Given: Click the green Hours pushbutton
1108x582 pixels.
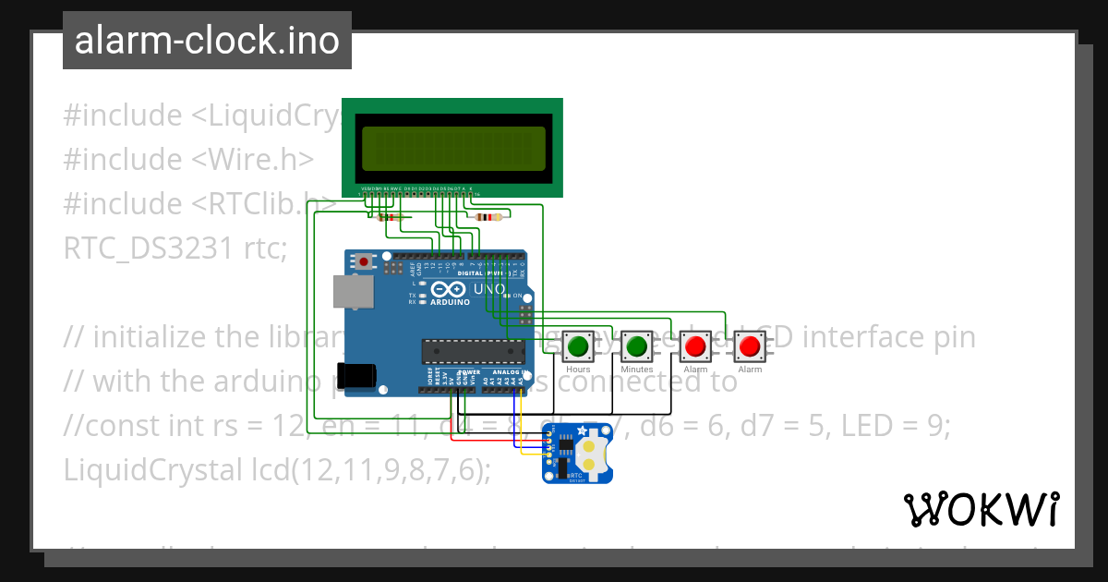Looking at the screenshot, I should tap(578, 347).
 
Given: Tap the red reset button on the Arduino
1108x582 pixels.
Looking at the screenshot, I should tap(365, 261).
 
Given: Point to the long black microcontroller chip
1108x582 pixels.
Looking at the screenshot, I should tap(473, 351).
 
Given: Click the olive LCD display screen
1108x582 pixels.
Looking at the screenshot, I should tap(452, 148).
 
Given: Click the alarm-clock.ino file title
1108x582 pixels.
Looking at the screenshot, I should tap(207, 42).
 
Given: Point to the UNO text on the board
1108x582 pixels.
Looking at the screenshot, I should tap(489, 289).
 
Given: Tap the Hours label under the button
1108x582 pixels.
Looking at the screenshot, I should tap(578, 370).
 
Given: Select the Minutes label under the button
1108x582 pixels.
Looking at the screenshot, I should tap(636, 370).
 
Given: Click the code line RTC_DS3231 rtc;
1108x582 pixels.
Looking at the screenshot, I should tap(175, 249).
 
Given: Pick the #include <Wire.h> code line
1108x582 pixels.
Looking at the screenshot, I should tap(188, 160).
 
